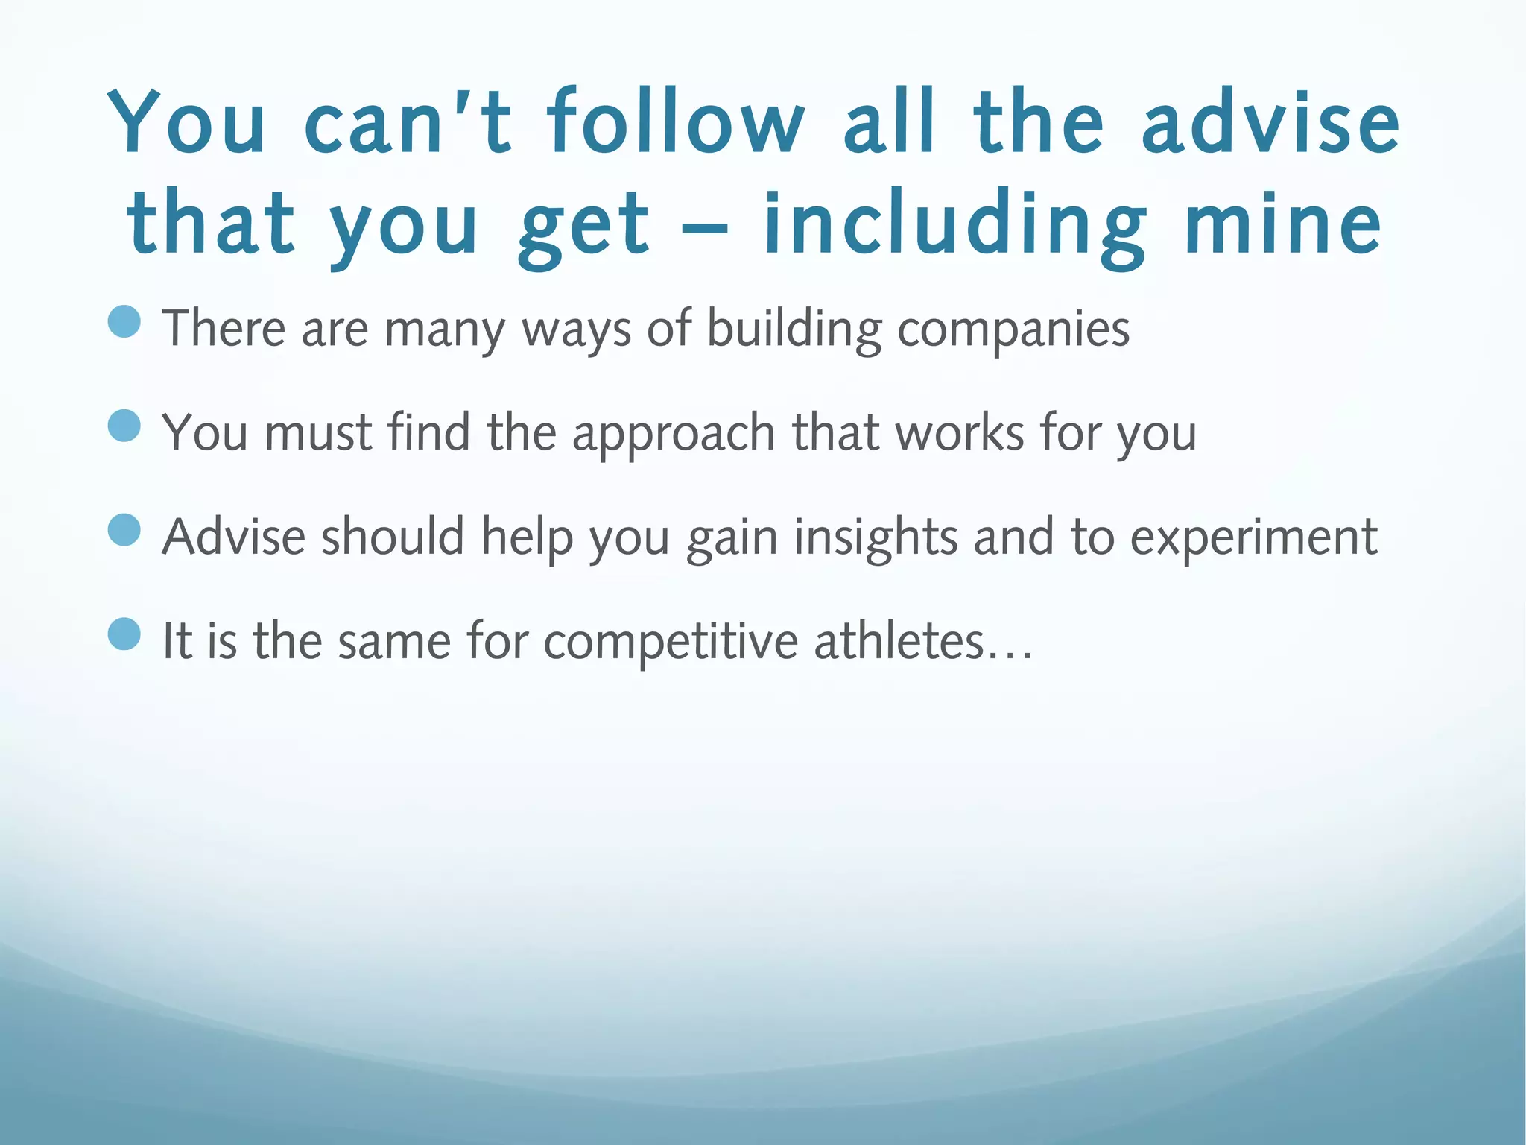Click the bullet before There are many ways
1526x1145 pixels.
coord(124,323)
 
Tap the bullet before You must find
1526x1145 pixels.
coord(124,427)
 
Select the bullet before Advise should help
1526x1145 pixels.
coord(124,531)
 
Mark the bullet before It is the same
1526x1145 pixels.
coord(124,635)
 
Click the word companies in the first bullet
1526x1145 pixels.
coord(1013,329)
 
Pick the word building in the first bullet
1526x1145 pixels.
coord(794,329)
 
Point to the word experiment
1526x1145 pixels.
coord(1253,538)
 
